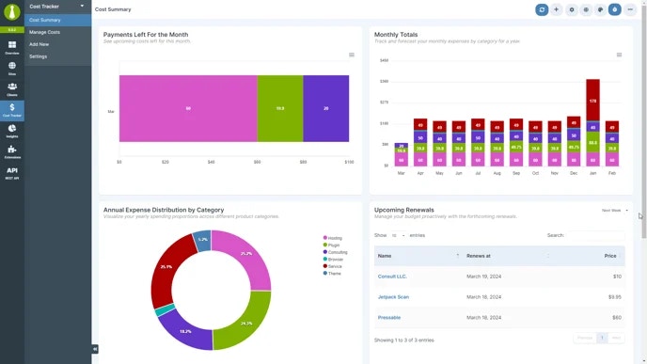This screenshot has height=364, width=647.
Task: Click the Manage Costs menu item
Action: (44, 32)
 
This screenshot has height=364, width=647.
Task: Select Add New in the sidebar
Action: (39, 44)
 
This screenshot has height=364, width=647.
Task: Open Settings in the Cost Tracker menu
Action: (38, 56)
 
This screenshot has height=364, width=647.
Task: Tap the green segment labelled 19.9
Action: (280, 109)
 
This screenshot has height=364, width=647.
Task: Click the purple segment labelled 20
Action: (326, 109)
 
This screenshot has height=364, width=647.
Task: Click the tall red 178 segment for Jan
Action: (592, 100)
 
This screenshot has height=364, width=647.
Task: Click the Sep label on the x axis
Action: (515, 173)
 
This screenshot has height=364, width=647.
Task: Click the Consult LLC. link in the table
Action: (392, 277)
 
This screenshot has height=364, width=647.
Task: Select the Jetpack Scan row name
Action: (393, 297)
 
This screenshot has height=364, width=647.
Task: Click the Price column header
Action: (610, 256)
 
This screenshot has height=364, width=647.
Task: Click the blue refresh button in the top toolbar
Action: (542, 9)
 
